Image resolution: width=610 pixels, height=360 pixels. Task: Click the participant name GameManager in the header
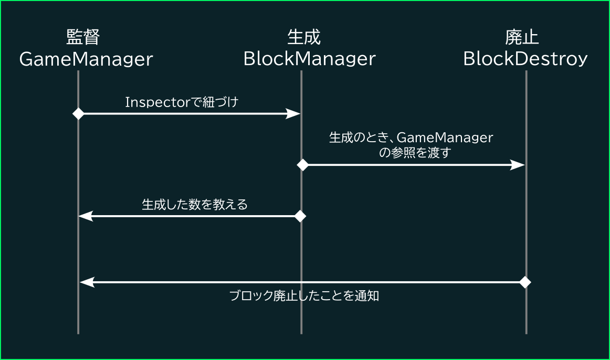tap(86, 59)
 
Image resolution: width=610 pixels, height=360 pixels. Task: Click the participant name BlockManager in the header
tap(310, 59)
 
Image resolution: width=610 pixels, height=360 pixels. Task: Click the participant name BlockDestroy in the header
tap(525, 59)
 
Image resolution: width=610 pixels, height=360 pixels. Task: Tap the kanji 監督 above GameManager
tap(83, 37)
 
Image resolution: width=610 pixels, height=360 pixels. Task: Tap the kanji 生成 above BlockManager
tap(304, 37)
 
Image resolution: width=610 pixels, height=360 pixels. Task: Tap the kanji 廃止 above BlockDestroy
tap(522, 37)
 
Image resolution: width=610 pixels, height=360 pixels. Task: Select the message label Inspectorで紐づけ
tap(182, 102)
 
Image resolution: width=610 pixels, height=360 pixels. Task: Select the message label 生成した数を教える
tap(195, 204)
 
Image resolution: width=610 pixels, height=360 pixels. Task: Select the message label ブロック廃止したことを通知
tap(304, 296)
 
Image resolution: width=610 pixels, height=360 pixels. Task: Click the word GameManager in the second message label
tap(445, 137)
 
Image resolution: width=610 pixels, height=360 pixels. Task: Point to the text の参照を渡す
tap(415, 152)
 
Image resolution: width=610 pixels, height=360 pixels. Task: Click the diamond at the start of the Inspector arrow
tap(79, 113)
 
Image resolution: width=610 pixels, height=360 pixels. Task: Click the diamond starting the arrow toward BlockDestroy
tap(303, 165)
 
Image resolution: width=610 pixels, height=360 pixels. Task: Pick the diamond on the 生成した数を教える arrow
tap(300, 216)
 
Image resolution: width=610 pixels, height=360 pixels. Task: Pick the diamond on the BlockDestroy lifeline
tap(525, 282)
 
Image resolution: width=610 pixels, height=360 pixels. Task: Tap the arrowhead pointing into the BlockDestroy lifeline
tap(518, 165)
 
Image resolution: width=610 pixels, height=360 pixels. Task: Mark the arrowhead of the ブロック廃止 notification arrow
tap(87, 282)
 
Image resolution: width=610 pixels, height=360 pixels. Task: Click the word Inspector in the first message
tap(159, 102)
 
